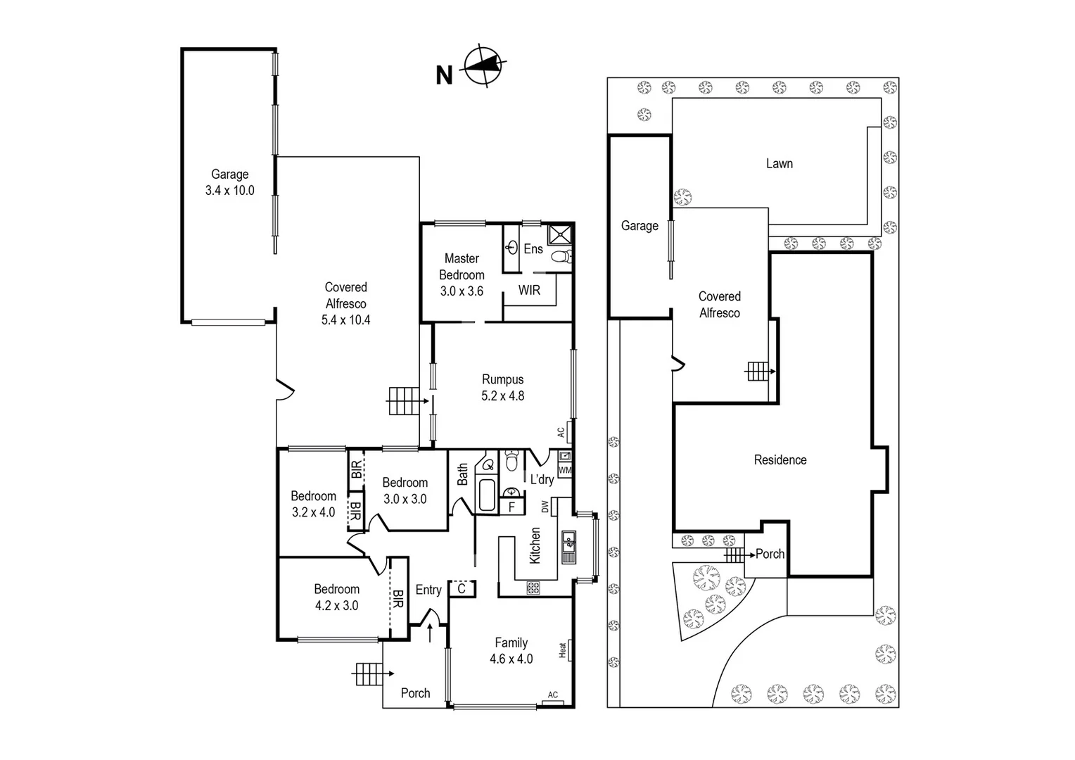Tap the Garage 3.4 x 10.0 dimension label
coord(229,182)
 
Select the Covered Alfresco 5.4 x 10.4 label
coord(345,303)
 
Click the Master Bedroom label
coord(462,274)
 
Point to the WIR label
coord(529,290)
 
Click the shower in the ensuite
coord(560,234)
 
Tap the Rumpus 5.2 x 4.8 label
coord(502,388)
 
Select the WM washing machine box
coord(564,470)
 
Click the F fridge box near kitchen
coord(511,507)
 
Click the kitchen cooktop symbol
coord(533,587)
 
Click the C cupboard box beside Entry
coord(462,588)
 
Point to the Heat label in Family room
coord(563,650)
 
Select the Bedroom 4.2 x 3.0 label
coord(336,597)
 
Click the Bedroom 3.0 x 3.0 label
coord(405,490)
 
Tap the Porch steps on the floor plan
coord(368,674)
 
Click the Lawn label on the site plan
coord(779,163)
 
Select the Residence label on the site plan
coord(780,460)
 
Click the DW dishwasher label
coord(545,506)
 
